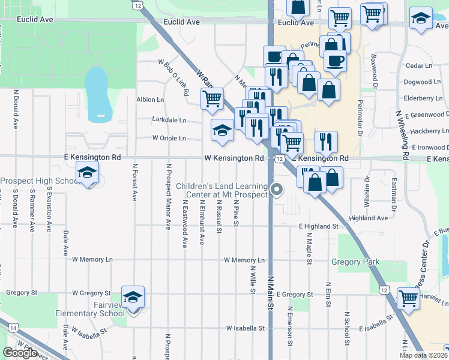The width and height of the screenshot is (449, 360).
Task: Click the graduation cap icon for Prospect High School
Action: tap(87, 174)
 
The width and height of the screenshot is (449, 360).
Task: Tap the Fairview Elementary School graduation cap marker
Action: tap(133, 297)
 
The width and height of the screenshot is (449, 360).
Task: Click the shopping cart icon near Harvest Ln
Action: tap(408, 298)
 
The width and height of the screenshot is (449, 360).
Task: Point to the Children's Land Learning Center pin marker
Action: tap(276, 190)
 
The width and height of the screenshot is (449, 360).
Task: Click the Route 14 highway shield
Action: tap(12, 326)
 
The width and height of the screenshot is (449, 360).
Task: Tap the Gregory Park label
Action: tap(355, 262)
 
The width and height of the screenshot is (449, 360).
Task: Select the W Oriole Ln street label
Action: tap(169, 138)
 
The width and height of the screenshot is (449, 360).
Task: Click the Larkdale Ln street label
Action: tap(169, 120)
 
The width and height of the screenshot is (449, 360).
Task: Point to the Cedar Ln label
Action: tap(419, 65)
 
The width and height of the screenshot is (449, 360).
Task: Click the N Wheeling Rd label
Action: tap(402, 136)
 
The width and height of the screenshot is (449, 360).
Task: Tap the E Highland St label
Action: tap(319, 226)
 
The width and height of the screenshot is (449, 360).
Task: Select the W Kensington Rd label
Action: tap(234, 158)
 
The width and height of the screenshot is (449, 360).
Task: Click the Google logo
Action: tap(20, 353)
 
